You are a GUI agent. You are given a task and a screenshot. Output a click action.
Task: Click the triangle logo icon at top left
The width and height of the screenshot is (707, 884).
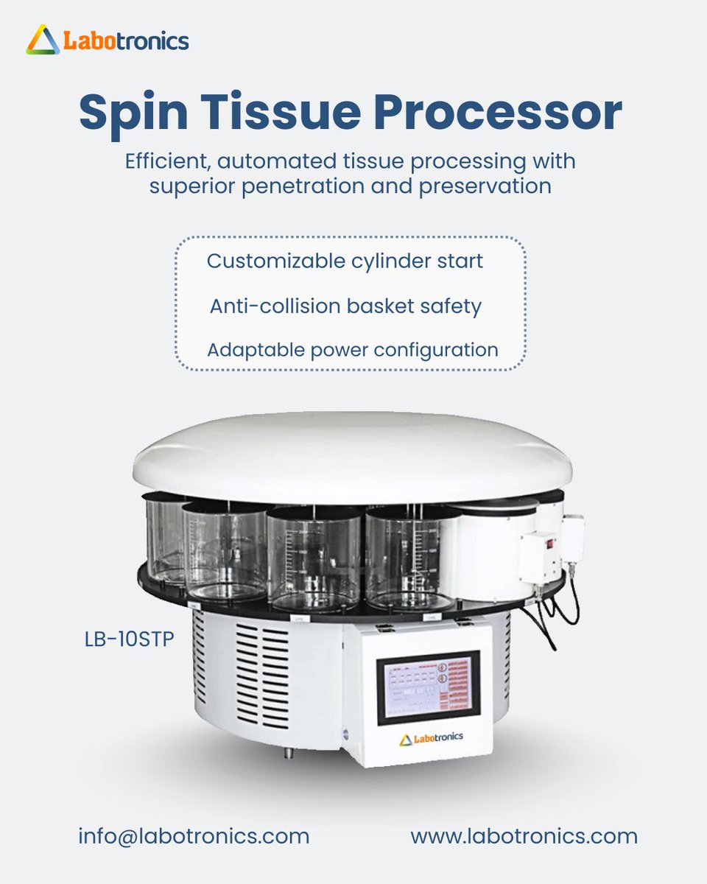43,40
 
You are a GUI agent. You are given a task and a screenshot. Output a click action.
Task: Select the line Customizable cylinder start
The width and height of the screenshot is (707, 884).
345,261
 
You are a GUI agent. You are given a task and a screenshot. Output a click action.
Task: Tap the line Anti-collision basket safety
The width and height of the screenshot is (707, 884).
345,305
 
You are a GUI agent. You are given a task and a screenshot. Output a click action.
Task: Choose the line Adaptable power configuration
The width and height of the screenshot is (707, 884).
352,349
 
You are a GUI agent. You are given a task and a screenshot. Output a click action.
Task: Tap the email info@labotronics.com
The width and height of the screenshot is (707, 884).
194,836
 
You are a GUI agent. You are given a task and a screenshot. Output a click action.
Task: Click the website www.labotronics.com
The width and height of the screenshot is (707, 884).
524,836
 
